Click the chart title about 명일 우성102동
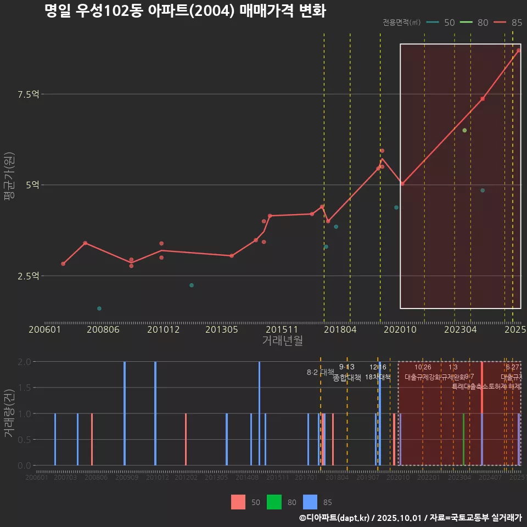[186, 11]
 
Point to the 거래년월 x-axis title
[282, 340]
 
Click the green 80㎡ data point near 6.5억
[464, 130]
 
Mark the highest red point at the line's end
[518, 51]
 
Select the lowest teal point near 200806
[99, 309]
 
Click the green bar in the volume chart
[463, 439]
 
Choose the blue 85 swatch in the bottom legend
[310, 502]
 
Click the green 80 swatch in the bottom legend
[274, 502]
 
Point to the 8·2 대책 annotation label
[320, 372]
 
